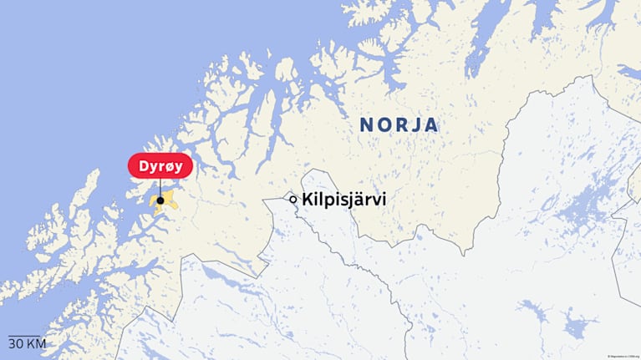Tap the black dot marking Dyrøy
[x=160, y=200]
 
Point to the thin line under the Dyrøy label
[x=160, y=187]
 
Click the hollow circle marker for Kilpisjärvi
[x=293, y=200]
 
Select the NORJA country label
[x=399, y=125]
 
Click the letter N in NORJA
[x=367, y=125]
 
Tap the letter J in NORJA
[x=415, y=125]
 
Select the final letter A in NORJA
[x=431, y=125]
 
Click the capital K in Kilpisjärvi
[x=308, y=200]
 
